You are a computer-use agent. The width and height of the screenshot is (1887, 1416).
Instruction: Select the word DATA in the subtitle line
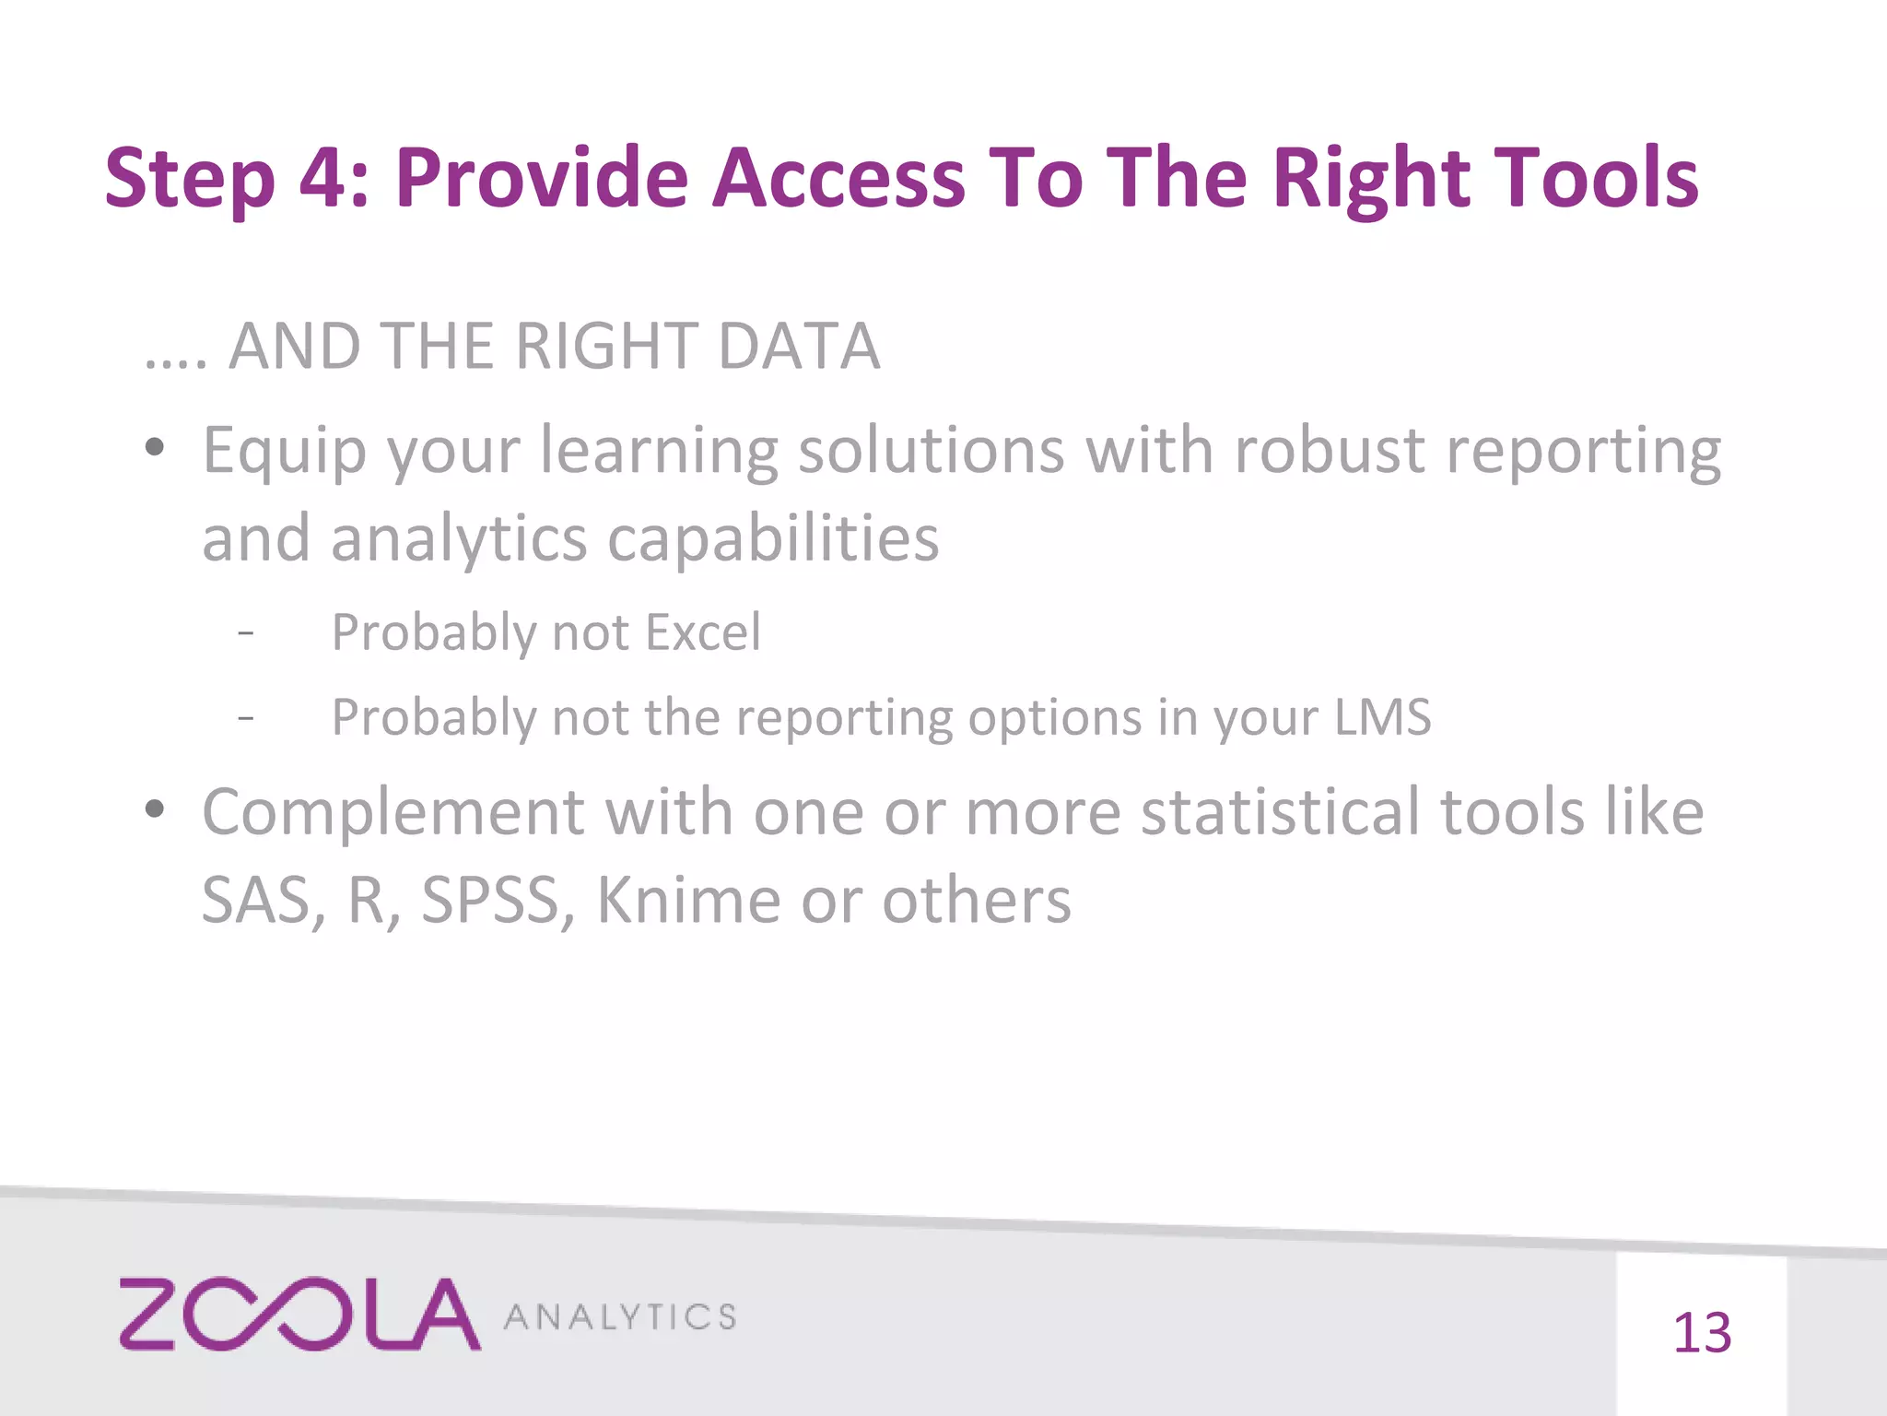pyautogui.click(x=799, y=347)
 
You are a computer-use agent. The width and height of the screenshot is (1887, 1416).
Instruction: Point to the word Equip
pyautogui.click(x=284, y=452)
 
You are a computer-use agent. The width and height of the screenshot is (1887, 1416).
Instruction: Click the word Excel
pyautogui.click(x=703, y=632)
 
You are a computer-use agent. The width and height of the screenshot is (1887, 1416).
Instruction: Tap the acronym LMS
pyautogui.click(x=1382, y=717)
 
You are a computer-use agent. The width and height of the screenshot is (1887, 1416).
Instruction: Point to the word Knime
pyautogui.click(x=689, y=900)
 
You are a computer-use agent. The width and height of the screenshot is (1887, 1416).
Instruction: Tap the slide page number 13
pyautogui.click(x=1702, y=1333)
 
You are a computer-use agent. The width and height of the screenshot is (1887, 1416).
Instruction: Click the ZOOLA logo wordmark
pyautogui.click(x=299, y=1314)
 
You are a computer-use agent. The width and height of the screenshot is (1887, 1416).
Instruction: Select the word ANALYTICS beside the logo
pyautogui.click(x=620, y=1317)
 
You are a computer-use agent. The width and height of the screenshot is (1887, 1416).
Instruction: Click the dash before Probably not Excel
pyautogui.click(x=245, y=633)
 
